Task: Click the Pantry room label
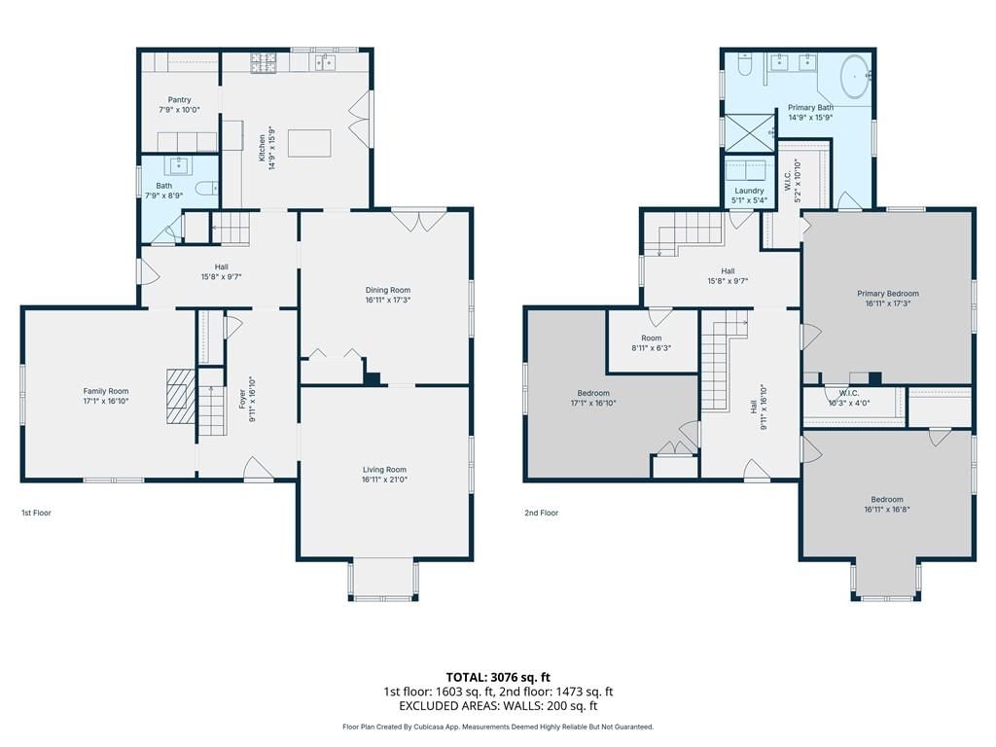[179, 100]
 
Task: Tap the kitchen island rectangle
[309, 143]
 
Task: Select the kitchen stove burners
[265, 63]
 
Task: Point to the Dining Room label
[387, 290]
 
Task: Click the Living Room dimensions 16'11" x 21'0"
[384, 480]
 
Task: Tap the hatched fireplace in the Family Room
[181, 397]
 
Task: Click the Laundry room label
[750, 191]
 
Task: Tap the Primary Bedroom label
[887, 294]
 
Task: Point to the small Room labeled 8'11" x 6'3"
[651, 343]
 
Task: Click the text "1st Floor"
[36, 513]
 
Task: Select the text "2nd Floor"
[541, 513]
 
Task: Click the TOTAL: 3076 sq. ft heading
[498, 677]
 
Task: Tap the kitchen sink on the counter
[325, 62]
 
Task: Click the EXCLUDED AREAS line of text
[498, 706]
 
